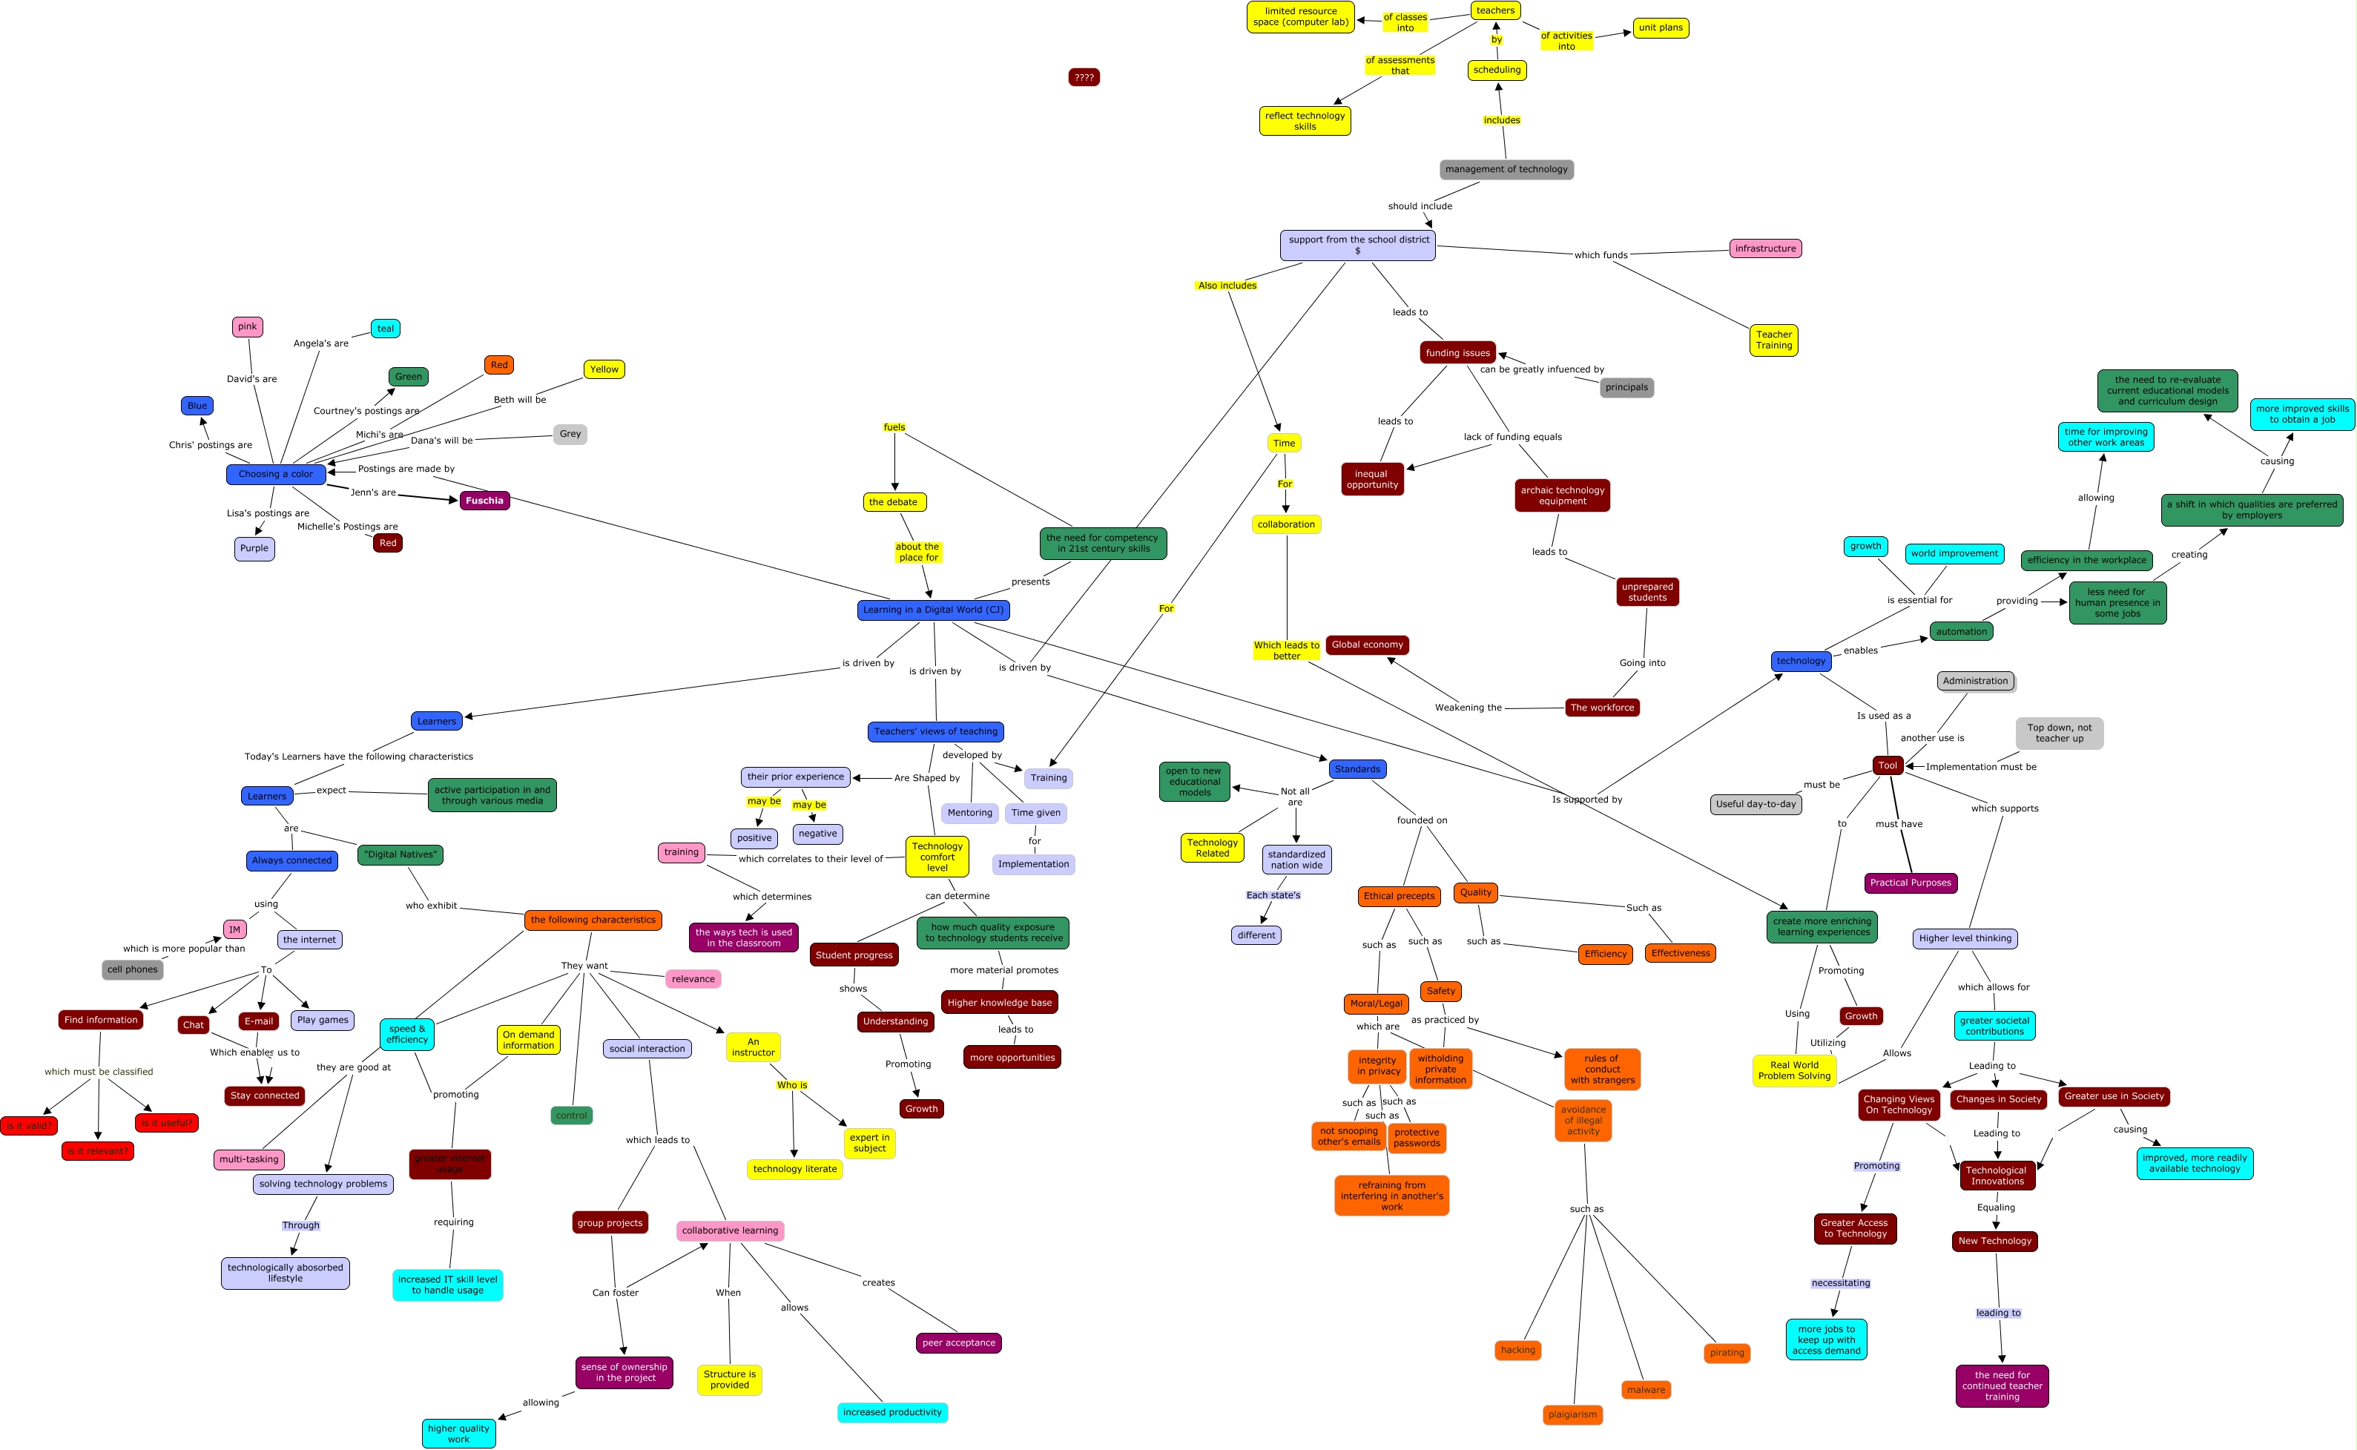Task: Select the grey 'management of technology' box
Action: (1506, 170)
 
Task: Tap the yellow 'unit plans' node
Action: (1660, 27)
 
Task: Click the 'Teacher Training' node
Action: (1773, 340)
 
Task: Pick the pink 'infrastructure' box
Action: (1764, 248)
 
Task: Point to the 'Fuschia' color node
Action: (484, 501)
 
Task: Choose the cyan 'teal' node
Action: (386, 329)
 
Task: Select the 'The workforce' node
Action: (1601, 708)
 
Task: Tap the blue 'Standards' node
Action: (1356, 769)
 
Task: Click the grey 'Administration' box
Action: (1974, 681)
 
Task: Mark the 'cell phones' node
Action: (132, 969)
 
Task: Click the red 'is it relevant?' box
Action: (97, 1151)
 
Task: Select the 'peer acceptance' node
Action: (958, 1342)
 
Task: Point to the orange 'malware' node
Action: (1646, 1390)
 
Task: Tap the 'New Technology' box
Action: (1994, 1241)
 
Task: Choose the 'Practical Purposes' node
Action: (1909, 883)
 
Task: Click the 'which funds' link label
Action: (1601, 255)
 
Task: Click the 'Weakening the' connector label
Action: (1467, 708)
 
